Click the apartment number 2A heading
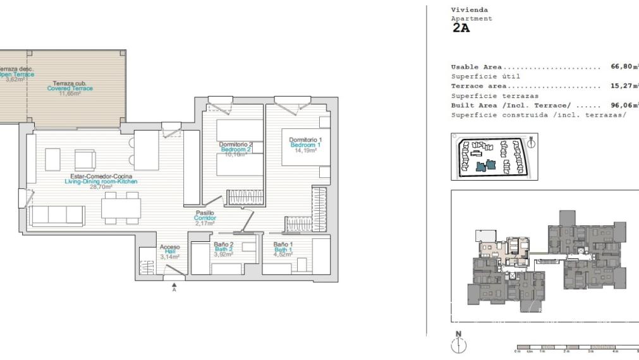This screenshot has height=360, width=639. click(x=461, y=28)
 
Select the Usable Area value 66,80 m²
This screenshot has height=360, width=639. click(x=624, y=66)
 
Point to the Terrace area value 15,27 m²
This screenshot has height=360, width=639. click(x=624, y=86)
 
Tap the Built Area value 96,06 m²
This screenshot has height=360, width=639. click(x=624, y=105)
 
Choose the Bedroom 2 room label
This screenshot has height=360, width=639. click(x=236, y=149)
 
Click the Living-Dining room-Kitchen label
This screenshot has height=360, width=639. click(x=101, y=181)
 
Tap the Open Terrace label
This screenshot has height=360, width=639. click(x=14, y=75)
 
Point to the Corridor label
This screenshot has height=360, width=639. click(x=205, y=218)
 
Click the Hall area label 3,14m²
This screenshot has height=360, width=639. click(x=169, y=257)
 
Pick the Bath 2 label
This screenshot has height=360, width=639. click(x=224, y=249)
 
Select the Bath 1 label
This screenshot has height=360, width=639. click(x=283, y=249)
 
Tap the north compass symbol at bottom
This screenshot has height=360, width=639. click(x=459, y=344)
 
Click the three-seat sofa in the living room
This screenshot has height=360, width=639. click(x=58, y=215)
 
